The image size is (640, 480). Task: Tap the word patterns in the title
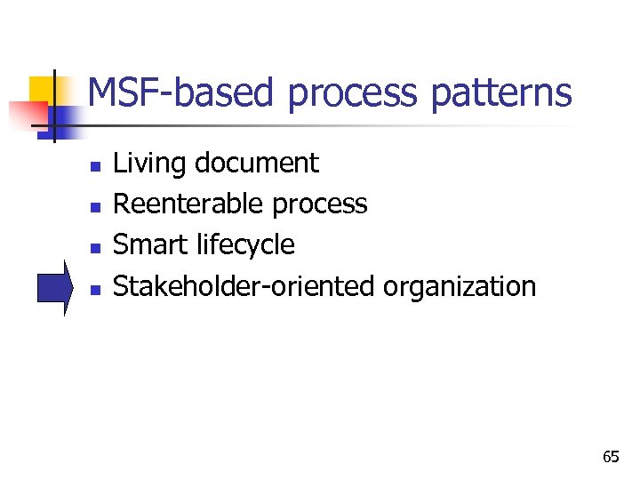tap(501, 93)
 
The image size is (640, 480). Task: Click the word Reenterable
tap(189, 204)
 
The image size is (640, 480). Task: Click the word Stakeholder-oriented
tap(244, 286)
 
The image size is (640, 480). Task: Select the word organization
tap(460, 287)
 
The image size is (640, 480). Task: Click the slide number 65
tap(611, 457)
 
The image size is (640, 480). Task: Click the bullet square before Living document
tap(95, 165)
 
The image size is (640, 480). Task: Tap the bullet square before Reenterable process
tap(95, 206)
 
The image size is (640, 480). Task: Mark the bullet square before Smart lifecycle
tap(95, 247)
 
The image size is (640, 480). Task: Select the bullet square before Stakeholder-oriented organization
tap(95, 288)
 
